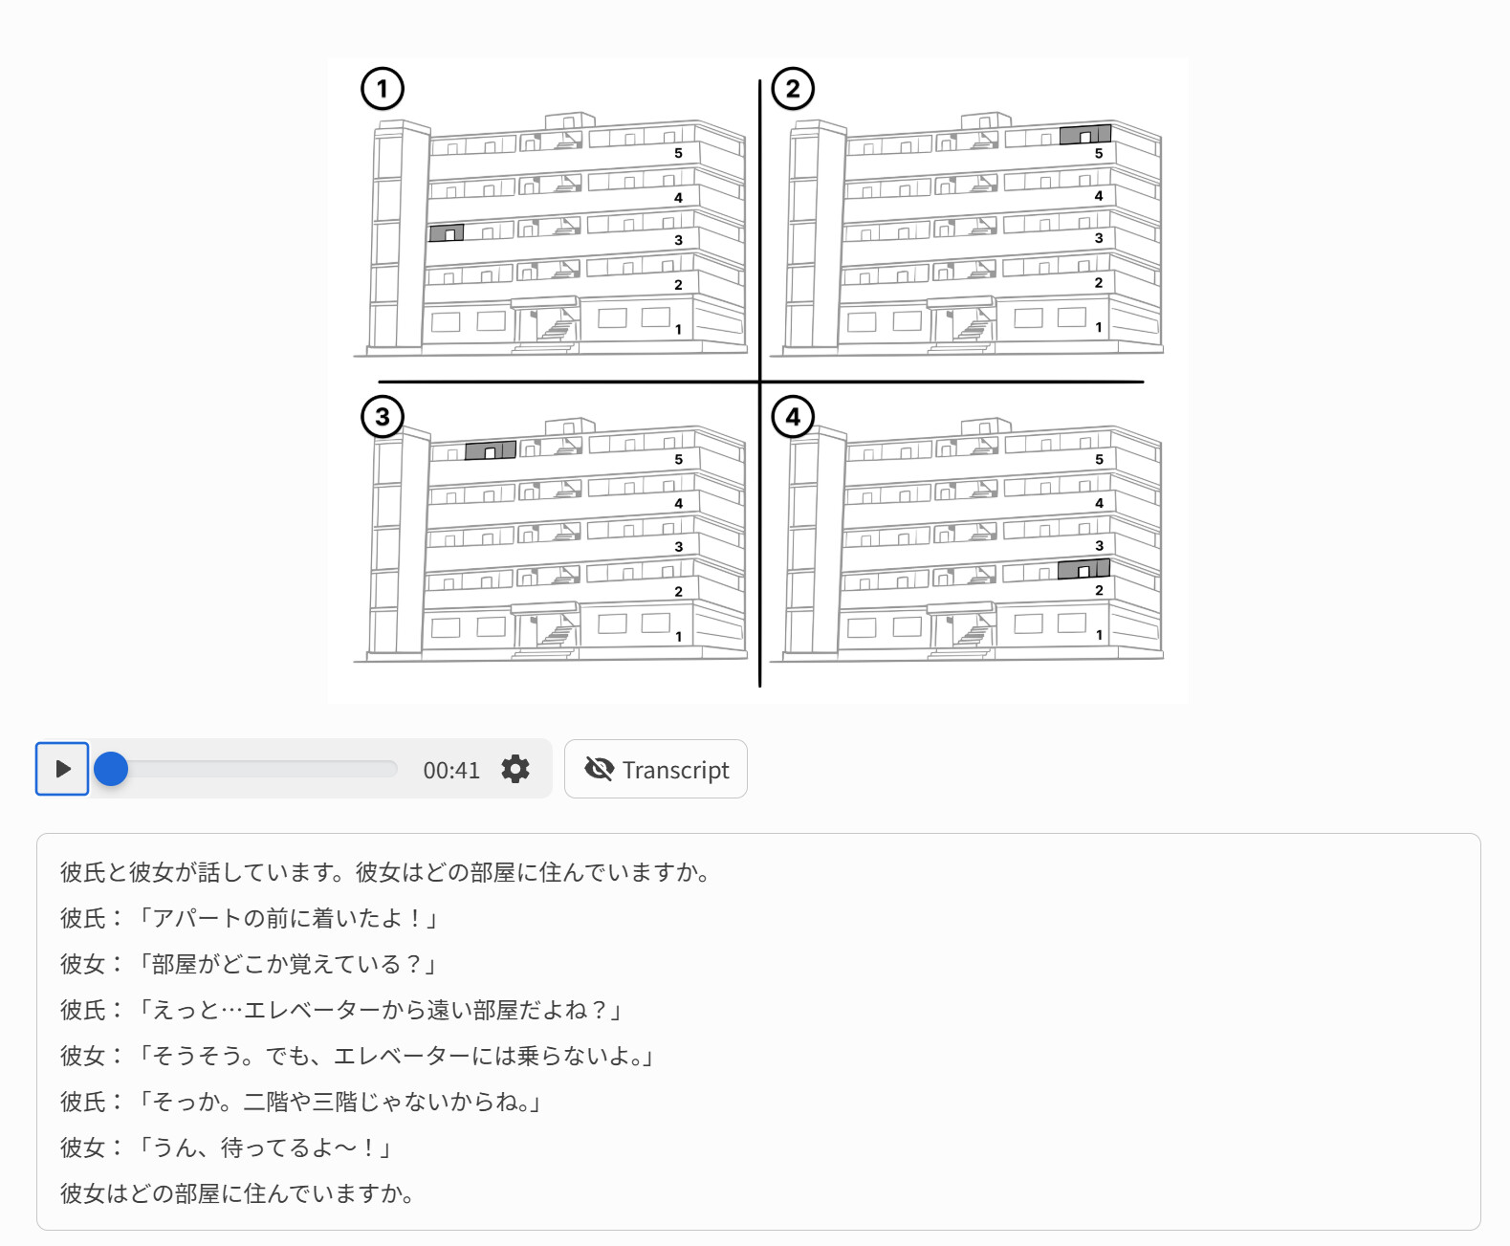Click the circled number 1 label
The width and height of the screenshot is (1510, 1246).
382,89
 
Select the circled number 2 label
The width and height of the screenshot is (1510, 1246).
793,89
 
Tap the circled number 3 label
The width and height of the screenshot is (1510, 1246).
382,417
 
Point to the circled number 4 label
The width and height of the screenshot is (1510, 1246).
793,417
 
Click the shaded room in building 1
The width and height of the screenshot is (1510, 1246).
447,233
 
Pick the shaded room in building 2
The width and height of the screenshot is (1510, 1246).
1084,135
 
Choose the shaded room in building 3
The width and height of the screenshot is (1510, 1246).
491,450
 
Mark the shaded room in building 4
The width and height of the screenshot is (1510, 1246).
1083,569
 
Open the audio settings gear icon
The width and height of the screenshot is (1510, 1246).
515,769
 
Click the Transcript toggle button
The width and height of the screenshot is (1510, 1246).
656,769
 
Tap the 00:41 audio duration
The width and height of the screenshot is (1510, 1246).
451,770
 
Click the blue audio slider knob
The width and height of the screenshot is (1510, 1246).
111,768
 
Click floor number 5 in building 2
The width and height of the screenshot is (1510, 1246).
1099,153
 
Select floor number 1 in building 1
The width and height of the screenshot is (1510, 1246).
678,330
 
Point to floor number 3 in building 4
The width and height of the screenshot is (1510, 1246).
1099,546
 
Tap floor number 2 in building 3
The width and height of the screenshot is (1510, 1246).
678,592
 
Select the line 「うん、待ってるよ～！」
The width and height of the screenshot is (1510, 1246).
263,1148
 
